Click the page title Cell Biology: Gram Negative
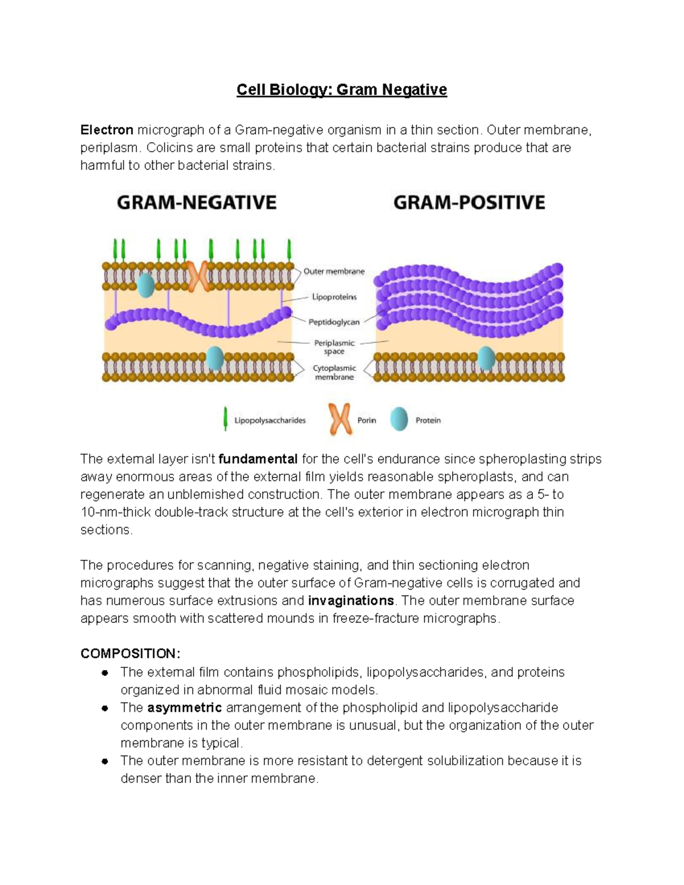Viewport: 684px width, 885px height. point(341,90)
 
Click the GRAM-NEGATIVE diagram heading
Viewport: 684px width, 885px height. point(197,202)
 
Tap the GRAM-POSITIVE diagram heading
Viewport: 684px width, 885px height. point(469,202)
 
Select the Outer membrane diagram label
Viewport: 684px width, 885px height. point(334,271)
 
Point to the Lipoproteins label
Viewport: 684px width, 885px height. point(334,297)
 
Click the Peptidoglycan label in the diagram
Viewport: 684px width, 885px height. point(334,322)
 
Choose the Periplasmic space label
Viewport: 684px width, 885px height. point(335,347)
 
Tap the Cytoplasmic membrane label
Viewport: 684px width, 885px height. point(335,373)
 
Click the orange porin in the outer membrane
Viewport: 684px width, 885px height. point(198,276)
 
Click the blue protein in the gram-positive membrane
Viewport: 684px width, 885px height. point(486,358)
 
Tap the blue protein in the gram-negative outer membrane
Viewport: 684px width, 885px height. point(146,285)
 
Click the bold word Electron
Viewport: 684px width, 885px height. point(107,130)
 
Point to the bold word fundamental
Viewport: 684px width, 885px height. point(258,459)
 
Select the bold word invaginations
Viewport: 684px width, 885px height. point(351,601)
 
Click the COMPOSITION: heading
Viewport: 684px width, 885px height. point(130,654)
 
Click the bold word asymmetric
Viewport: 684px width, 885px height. point(184,708)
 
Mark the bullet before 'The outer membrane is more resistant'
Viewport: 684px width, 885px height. point(105,761)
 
